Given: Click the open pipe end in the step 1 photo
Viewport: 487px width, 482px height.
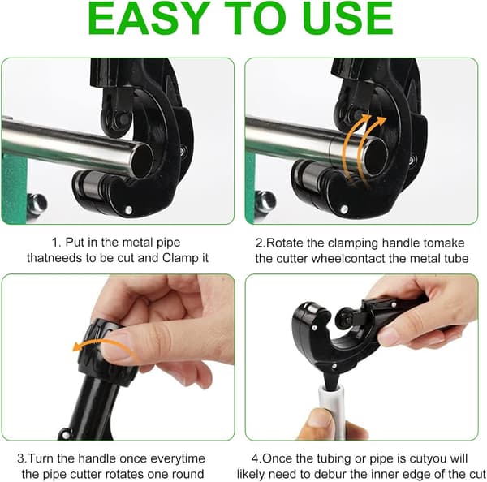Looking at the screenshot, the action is (x=143, y=161).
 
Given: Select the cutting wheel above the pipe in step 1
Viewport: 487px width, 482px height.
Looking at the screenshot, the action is (x=116, y=121).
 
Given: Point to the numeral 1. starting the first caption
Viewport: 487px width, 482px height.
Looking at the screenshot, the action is (x=57, y=243).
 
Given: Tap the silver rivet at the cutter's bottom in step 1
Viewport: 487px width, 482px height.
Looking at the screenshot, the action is (x=128, y=210).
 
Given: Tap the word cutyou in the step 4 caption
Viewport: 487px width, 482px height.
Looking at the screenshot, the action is (x=433, y=459).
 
